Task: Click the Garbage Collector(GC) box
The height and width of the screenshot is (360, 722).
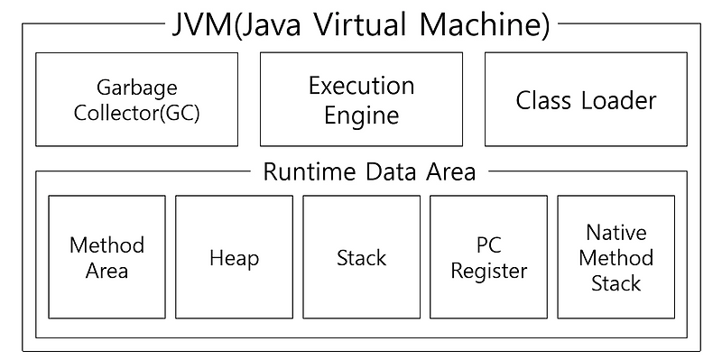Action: point(136,99)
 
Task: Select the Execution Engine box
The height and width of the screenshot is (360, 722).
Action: point(361,99)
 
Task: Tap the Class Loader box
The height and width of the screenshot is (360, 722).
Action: point(586,99)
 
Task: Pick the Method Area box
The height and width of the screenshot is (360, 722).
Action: point(106,257)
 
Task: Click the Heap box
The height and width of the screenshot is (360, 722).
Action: point(234,257)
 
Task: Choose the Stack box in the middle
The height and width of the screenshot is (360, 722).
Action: point(361,257)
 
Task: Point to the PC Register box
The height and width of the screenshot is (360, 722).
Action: point(488,257)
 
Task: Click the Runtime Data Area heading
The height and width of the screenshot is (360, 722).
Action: point(368,171)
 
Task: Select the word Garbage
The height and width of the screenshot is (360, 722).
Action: point(136,88)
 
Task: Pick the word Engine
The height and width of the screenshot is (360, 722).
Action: point(361,115)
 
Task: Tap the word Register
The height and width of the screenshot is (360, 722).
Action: point(488,270)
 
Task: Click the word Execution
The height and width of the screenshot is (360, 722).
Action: point(361,86)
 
